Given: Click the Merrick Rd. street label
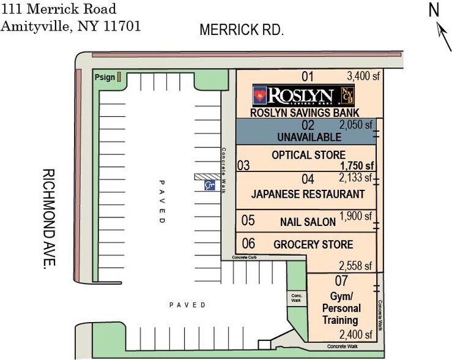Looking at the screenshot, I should pyautogui.click(x=242, y=29).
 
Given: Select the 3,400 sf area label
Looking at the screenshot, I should pyautogui.click(x=363, y=77).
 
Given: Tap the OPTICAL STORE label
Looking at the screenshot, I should pyautogui.click(x=308, y=155).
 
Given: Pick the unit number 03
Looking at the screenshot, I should pyautogui.click(x=243, y=165).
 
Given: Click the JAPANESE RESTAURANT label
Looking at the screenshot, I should pyautogui.click(x=308, y=194).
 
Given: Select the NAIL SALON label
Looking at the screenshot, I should pyautogui.click(x=308, y=222).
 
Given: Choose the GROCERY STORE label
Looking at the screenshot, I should pyautogui.click(x=313, y=245).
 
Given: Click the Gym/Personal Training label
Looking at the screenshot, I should pyautogui.click(x=341, y=308).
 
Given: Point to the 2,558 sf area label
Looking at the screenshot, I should pyautogui.click(x=355, y=266).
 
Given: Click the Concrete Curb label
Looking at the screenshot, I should pyautogui.click(x=248, y=258).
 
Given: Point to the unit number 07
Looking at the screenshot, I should pyautogui.click(x=341, y=281).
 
